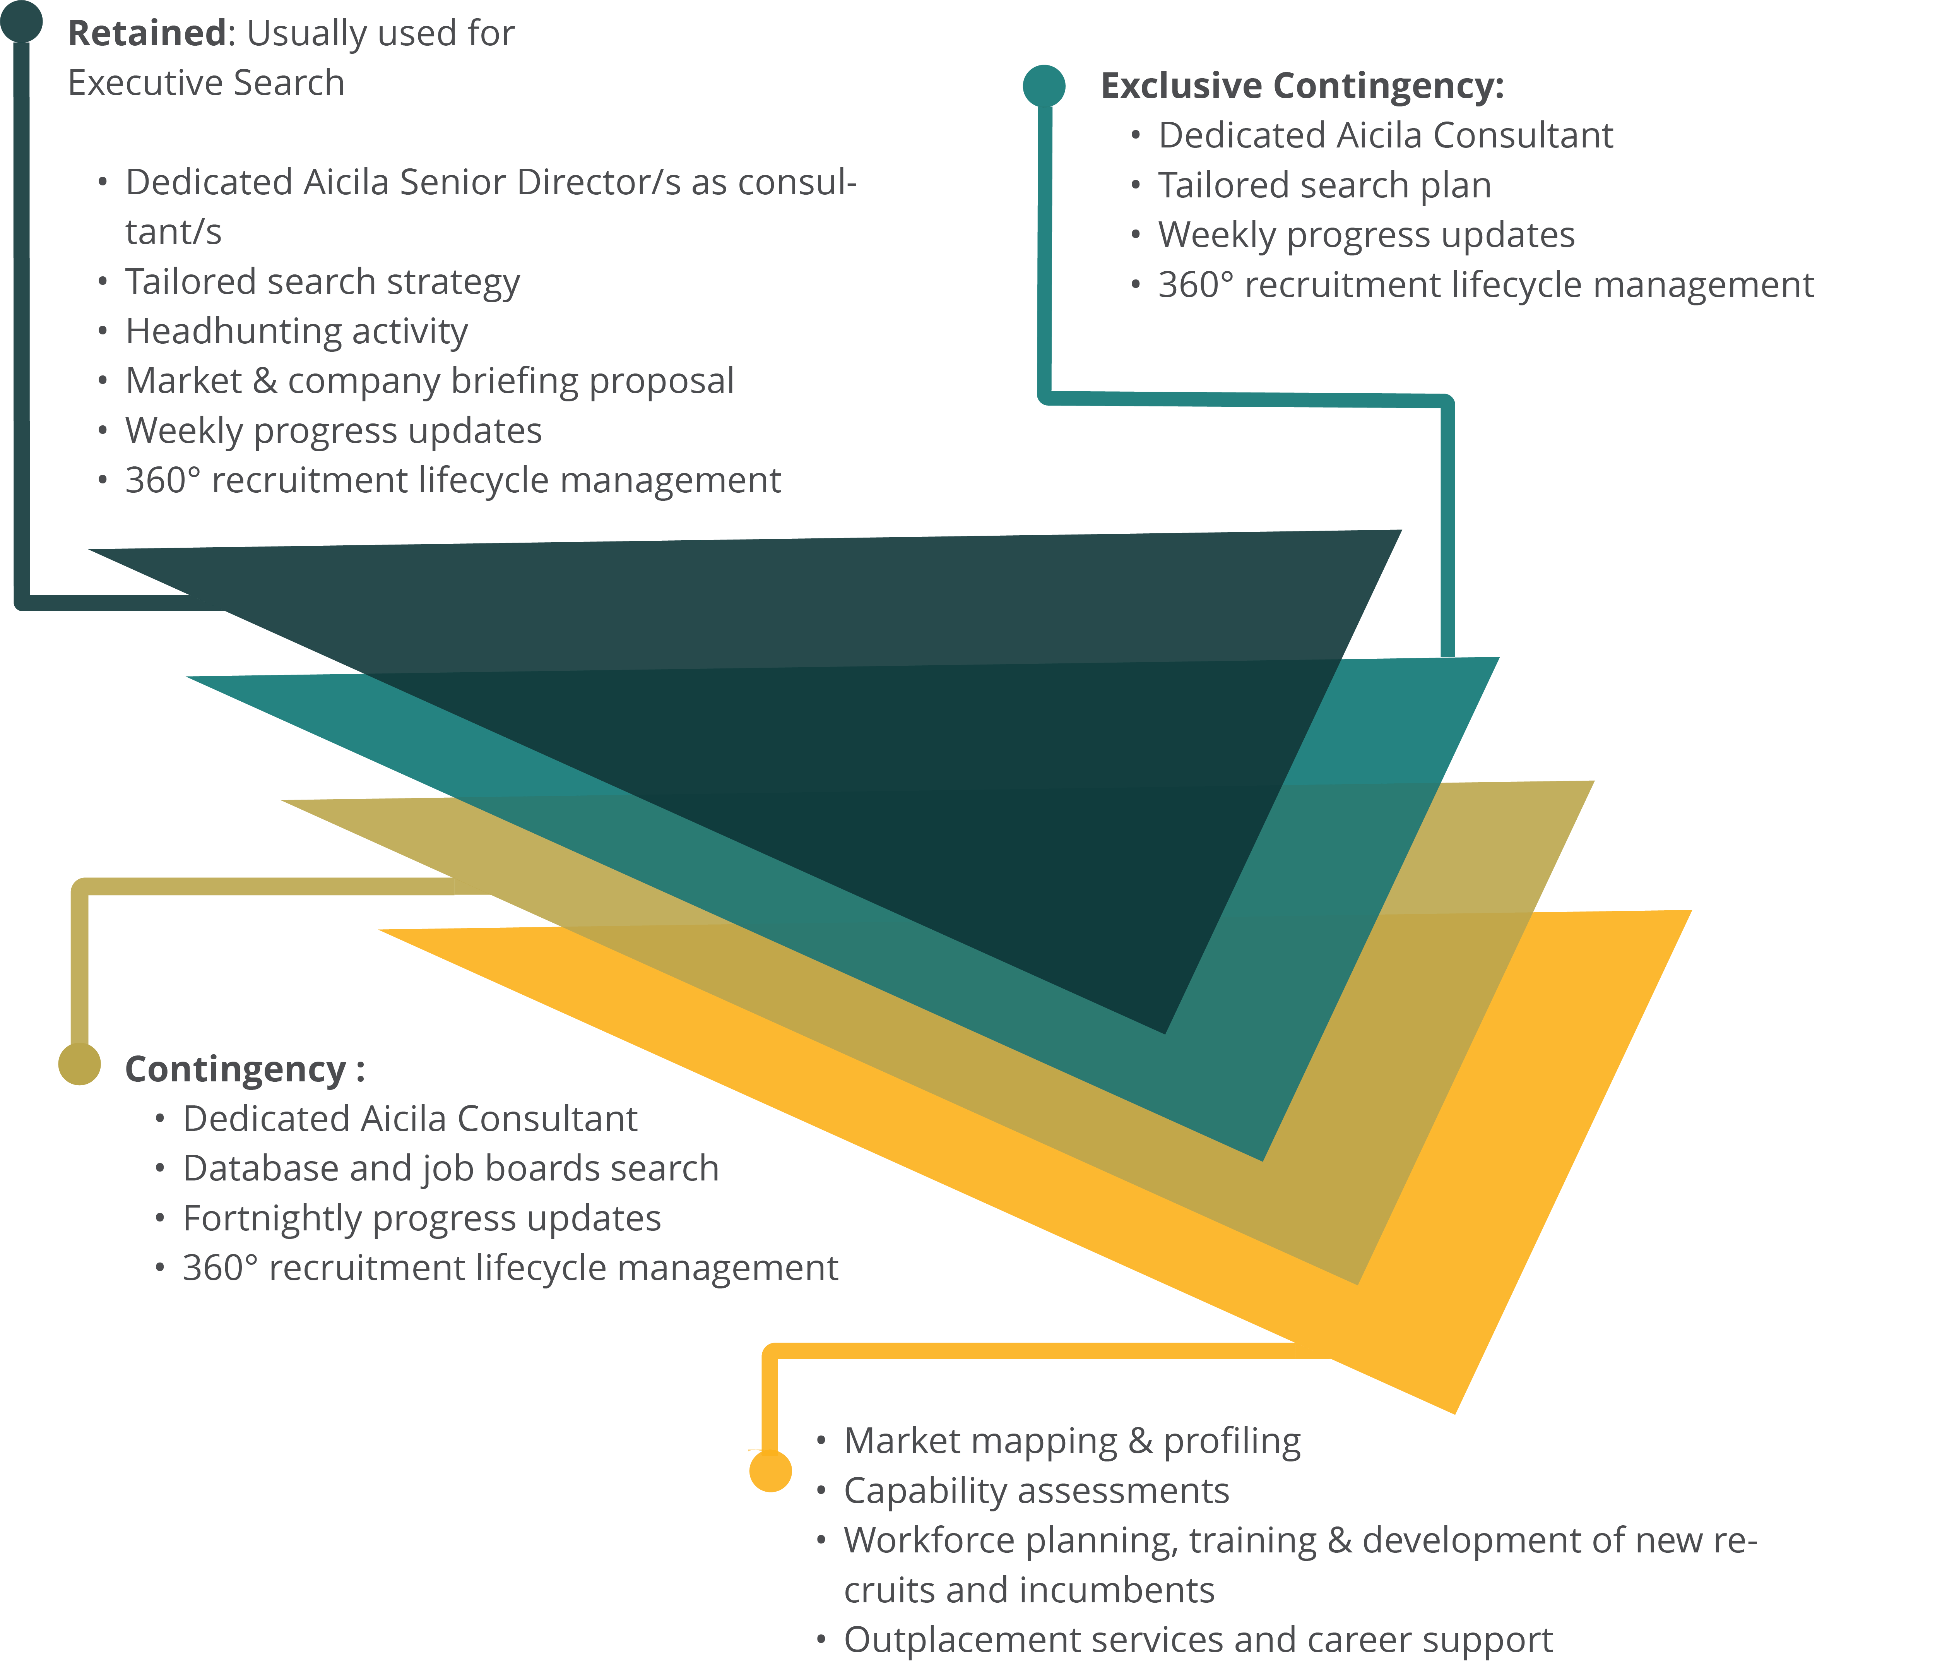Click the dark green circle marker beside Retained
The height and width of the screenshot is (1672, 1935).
point(22,21)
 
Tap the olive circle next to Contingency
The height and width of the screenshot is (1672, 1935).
point(79,1064)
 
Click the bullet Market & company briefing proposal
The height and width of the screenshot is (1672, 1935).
point(429,381)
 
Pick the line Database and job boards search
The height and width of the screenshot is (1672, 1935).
point(450,1168)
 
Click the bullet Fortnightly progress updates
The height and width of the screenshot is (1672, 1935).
point(421,1219)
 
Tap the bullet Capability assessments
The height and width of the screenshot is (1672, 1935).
point(1036,1491)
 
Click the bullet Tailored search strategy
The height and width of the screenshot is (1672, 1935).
point(322,282)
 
